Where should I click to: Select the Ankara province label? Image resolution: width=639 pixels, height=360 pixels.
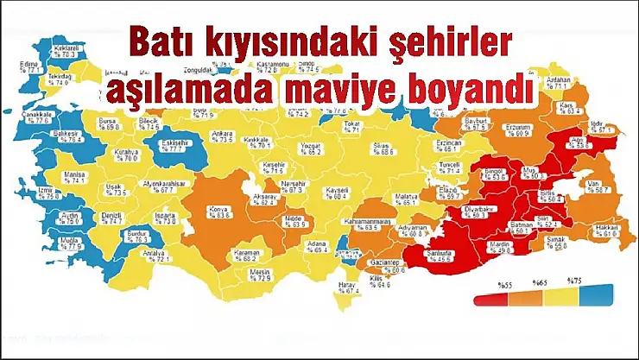[x=223, y=136]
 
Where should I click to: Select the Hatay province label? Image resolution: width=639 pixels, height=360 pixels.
[x=349, y=287]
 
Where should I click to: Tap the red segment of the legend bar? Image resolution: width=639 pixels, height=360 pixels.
[x=490, y=300]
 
